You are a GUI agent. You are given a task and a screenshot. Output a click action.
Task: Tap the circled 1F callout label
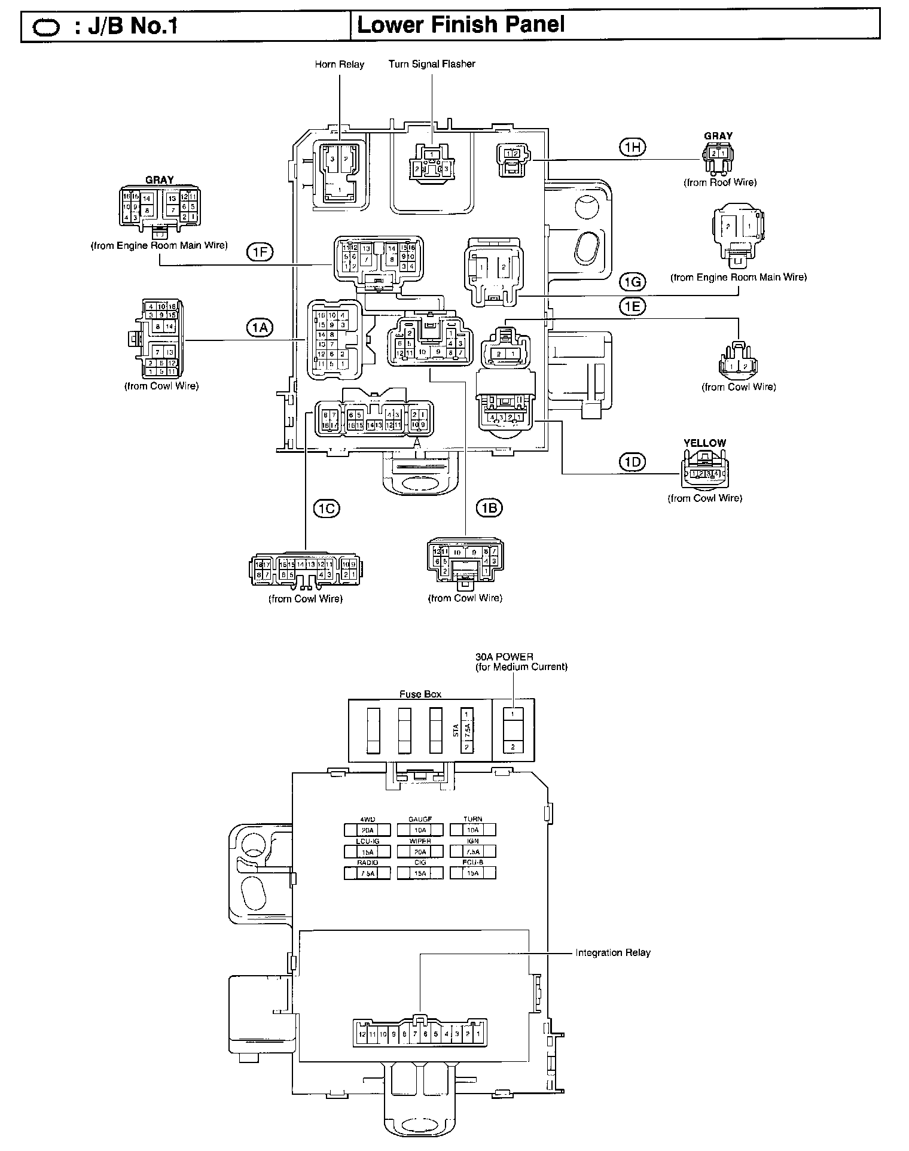pyautogui.click(x=259, y=253)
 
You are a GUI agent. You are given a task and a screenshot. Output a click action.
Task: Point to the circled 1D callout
pyautogui.click(x=633, y=462)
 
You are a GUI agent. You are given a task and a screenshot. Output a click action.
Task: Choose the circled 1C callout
pyautogui.click(x=327, y=508)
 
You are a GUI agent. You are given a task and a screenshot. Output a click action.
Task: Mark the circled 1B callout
pyautogui.click(x=489, y=508)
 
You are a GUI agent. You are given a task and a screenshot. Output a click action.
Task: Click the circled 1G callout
pyautogui.click(x=633, y=281)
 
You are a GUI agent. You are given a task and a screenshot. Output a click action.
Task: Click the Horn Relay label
pyautogui.click(x=339, y=64)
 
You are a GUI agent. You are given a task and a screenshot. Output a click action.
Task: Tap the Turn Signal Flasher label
pyautogui.click(x=431, y=63)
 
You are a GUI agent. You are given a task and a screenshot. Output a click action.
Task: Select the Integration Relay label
pyautogui.click(x=612, y=952)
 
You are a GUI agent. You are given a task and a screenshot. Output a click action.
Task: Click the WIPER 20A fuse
pyautogui.click(x=420, y=851)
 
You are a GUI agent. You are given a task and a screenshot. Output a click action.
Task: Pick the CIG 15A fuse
pyautogui.click(x=420, y=873)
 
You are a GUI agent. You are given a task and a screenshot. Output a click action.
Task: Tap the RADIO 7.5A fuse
pyautogui.click(x=367, y=873)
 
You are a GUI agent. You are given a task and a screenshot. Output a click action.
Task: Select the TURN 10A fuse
pyautogui.click(x=472, y=830)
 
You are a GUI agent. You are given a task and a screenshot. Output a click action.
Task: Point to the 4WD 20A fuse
pyautogui.click(x=367, y=830)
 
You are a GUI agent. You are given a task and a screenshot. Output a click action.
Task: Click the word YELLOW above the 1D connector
pyautogui.click(x=704, y=443)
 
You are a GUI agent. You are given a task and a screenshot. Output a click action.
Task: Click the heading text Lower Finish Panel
pyautogui.click(x=460, y=25)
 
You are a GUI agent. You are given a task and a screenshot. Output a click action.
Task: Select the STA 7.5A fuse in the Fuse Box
pyautogui.click(x=466, y=730)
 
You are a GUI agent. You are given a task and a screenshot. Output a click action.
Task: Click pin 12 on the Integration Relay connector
pyautogui.click(x=361, y=1034)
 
